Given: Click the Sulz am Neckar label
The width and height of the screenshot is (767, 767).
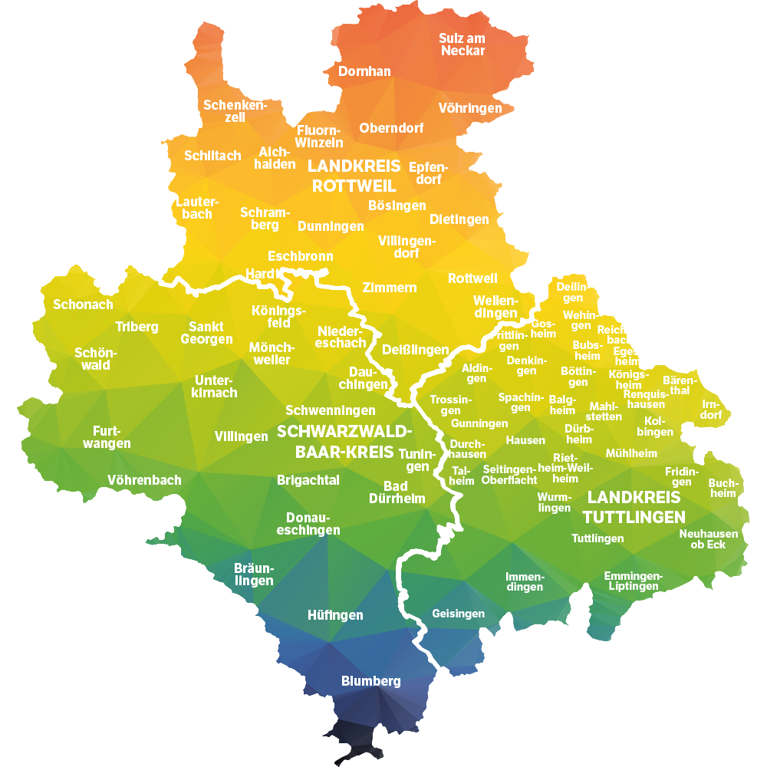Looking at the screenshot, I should pos(462,44).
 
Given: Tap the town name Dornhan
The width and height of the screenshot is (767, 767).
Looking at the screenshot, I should pos(365,71).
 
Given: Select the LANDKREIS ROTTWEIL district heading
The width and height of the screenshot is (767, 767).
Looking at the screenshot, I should pos(354,176).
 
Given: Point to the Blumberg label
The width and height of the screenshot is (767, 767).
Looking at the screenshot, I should pos(371,681).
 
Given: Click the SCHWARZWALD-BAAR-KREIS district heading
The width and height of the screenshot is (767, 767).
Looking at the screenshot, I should pos(344,441).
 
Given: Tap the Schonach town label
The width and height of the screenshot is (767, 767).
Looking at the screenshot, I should pos(83,304).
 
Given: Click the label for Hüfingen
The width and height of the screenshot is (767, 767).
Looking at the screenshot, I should pos(335,615).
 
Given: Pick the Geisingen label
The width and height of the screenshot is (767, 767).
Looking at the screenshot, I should pos(459,614).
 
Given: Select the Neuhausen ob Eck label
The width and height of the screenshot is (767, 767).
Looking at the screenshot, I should pos(709,539).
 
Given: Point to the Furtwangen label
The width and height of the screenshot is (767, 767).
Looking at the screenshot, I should pos(107,437).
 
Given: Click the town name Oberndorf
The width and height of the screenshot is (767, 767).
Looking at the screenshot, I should pos(391,128).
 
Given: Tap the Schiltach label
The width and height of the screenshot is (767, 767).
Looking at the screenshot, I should pos(212,156).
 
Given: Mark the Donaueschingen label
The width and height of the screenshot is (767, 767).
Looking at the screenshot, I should pos(308,524).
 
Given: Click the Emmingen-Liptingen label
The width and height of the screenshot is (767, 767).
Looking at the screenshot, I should pos(633,581).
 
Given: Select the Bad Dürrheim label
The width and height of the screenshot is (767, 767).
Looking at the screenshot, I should pos(397,492).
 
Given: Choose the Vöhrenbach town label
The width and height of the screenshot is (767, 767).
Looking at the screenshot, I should pos(145,480).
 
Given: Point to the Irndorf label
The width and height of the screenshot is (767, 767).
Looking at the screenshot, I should pos(712,410).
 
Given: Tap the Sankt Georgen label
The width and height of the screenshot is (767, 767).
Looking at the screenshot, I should pos(206,333).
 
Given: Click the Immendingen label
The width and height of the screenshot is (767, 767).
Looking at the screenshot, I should pos(525,582).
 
